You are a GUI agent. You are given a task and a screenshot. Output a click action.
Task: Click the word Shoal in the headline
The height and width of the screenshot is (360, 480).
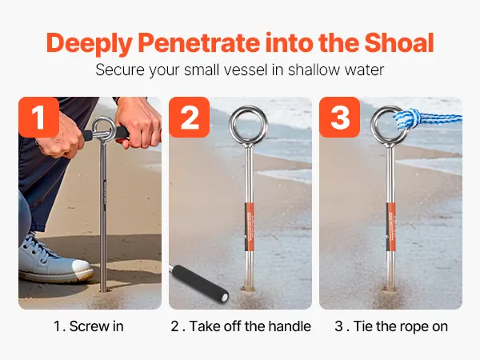click(x=399, y=43)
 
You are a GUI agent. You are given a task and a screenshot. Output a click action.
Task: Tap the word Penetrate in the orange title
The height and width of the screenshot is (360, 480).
click(x=198, y=43)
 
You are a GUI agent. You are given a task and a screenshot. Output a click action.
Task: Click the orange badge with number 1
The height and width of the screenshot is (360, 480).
click(x=38, y=118)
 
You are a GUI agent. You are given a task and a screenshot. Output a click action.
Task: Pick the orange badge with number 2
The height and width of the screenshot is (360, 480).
click(x=189, y=118)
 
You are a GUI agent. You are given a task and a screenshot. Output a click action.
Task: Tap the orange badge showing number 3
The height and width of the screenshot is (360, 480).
click(x=340, y=118)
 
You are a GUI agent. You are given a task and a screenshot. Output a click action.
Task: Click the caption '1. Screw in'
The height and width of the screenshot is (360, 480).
click(x=89, y=326)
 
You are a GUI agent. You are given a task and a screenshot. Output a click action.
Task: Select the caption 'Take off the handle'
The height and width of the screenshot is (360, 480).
click(x=250, y=326)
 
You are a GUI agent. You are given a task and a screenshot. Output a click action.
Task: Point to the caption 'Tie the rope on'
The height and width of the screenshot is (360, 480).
click(x=401, y=326)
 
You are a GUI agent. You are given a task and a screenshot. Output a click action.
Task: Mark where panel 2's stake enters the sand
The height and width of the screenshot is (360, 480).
click(x=249, y=288)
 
